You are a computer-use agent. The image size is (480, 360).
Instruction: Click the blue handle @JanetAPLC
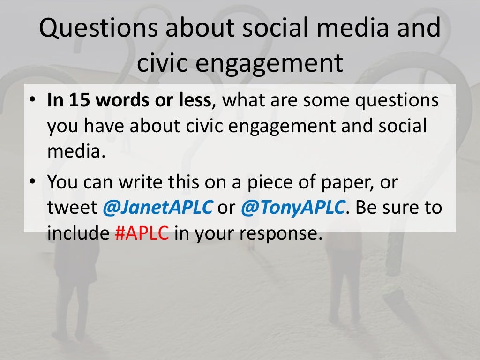[157, 208]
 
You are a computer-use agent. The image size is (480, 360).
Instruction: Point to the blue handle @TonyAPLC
[293, 208]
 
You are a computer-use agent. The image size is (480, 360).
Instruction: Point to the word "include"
[78, 233]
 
